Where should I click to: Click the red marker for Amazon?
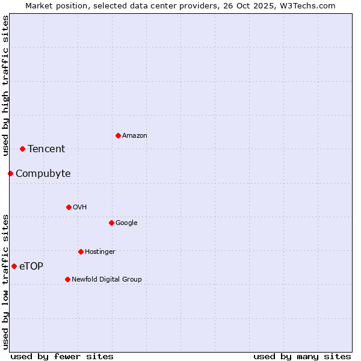click(x=118, y=135)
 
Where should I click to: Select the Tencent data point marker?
click(x=22, y=149)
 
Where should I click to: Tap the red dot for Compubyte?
click(x=10, y=173)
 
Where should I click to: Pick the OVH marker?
click(x=69, y=207)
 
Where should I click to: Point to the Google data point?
click(x=111, y=223)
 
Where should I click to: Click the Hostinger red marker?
click(x=81, y=251)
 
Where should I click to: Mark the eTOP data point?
click(x=14, y=266)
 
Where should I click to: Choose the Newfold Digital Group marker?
click(x=67, y=279)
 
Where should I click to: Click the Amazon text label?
click(x=135, y=136)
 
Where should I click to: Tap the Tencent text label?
click(x=46, y=149)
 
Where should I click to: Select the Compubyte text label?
click(x=43, y=174)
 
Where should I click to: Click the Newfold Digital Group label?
click(x=106, y=279)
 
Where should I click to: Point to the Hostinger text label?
click(x=100, y=251)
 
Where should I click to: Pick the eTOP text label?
click(x=31, y=267)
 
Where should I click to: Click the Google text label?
click(x=126, y=223)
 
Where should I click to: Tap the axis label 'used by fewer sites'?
click(x=62, y=356)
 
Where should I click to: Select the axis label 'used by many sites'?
click(x=302, y=356)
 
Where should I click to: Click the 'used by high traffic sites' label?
click(x=5, y=85)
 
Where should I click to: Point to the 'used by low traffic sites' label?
click(x=5, y=281)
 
